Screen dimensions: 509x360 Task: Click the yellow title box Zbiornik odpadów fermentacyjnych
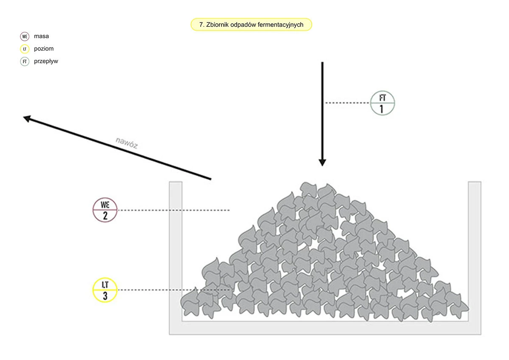click(251, 25)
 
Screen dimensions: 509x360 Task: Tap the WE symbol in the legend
click(25, 37)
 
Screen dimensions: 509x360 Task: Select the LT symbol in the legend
click(25, 49)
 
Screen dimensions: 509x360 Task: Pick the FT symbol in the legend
click(25, 62)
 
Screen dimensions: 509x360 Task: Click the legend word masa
click(42, 36)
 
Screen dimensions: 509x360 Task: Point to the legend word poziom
click(44, 49)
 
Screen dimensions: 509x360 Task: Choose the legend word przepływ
click(46, 61)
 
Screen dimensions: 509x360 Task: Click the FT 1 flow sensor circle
click(383, 103)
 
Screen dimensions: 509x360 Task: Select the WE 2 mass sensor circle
click(105, 210)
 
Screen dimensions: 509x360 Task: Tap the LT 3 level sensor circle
click(105, 290)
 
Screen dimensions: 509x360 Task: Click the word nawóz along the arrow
click(127, 143)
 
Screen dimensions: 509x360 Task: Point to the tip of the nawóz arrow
click(23, 117)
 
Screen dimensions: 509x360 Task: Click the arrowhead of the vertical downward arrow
click(322, 163)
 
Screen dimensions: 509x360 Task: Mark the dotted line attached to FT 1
click(347, 103)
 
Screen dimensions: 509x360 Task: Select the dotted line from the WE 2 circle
click(174, 210)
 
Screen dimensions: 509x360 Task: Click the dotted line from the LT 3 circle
click(174, 290)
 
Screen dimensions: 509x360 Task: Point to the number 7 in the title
click(201, 25)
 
